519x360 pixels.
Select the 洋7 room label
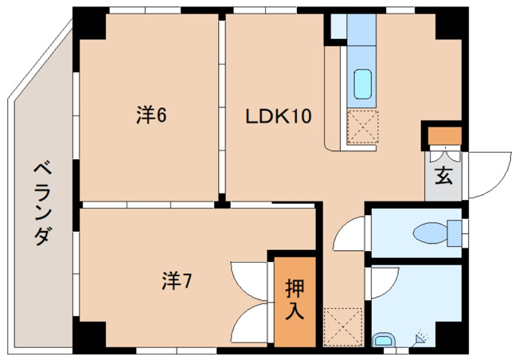pyautogui.click(x=177, y=280)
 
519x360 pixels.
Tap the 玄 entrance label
pyautogui.click(x=443, y=175)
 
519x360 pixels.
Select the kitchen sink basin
pyautogui.click(x=362, y=84)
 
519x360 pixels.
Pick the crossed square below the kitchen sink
pyautogui.click(x=362, y=127)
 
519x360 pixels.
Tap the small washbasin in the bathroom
pyautogui.click(x=383, y=341)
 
